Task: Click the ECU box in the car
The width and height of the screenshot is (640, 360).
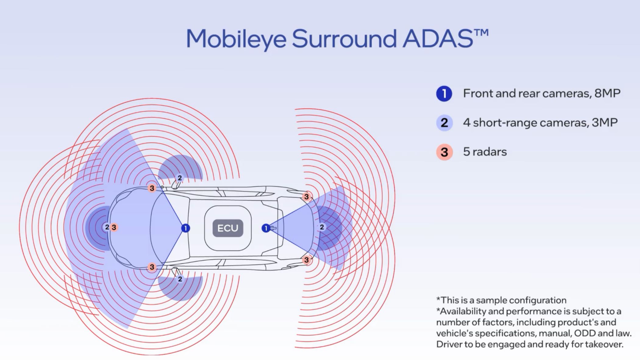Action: [x=228, y=228]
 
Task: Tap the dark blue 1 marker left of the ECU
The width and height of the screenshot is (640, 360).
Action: [x=185, y=228]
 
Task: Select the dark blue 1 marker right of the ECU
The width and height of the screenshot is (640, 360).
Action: [x=266, y=228]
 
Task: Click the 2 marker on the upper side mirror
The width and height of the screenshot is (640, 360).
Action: [x=180, y=178]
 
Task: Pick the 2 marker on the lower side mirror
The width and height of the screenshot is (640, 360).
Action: [x=180, y=279]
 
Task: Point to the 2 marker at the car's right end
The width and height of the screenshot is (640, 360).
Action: [x=322, y=227]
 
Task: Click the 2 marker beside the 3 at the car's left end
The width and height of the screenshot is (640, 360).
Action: [x=107, y=227]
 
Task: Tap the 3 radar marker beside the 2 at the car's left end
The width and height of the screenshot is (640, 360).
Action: [x=114, y=227]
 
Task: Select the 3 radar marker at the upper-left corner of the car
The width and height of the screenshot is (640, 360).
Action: [x=152, y=188]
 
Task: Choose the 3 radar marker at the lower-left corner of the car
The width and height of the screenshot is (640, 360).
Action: [x=152, y=267]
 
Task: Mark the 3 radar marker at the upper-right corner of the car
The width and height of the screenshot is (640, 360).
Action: [x=307, y=197]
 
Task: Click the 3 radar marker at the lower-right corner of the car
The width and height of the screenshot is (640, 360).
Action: [x=307, y=260]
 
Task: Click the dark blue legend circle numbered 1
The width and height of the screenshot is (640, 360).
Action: [x=444, y=94]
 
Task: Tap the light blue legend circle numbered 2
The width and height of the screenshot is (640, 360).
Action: [x=444, y=123]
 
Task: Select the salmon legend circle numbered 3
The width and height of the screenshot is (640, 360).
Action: [x=444, y=152]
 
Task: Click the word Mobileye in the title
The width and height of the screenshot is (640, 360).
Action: [x=236, y=39]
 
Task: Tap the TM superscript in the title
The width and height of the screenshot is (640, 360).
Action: [x=481, y=33]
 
